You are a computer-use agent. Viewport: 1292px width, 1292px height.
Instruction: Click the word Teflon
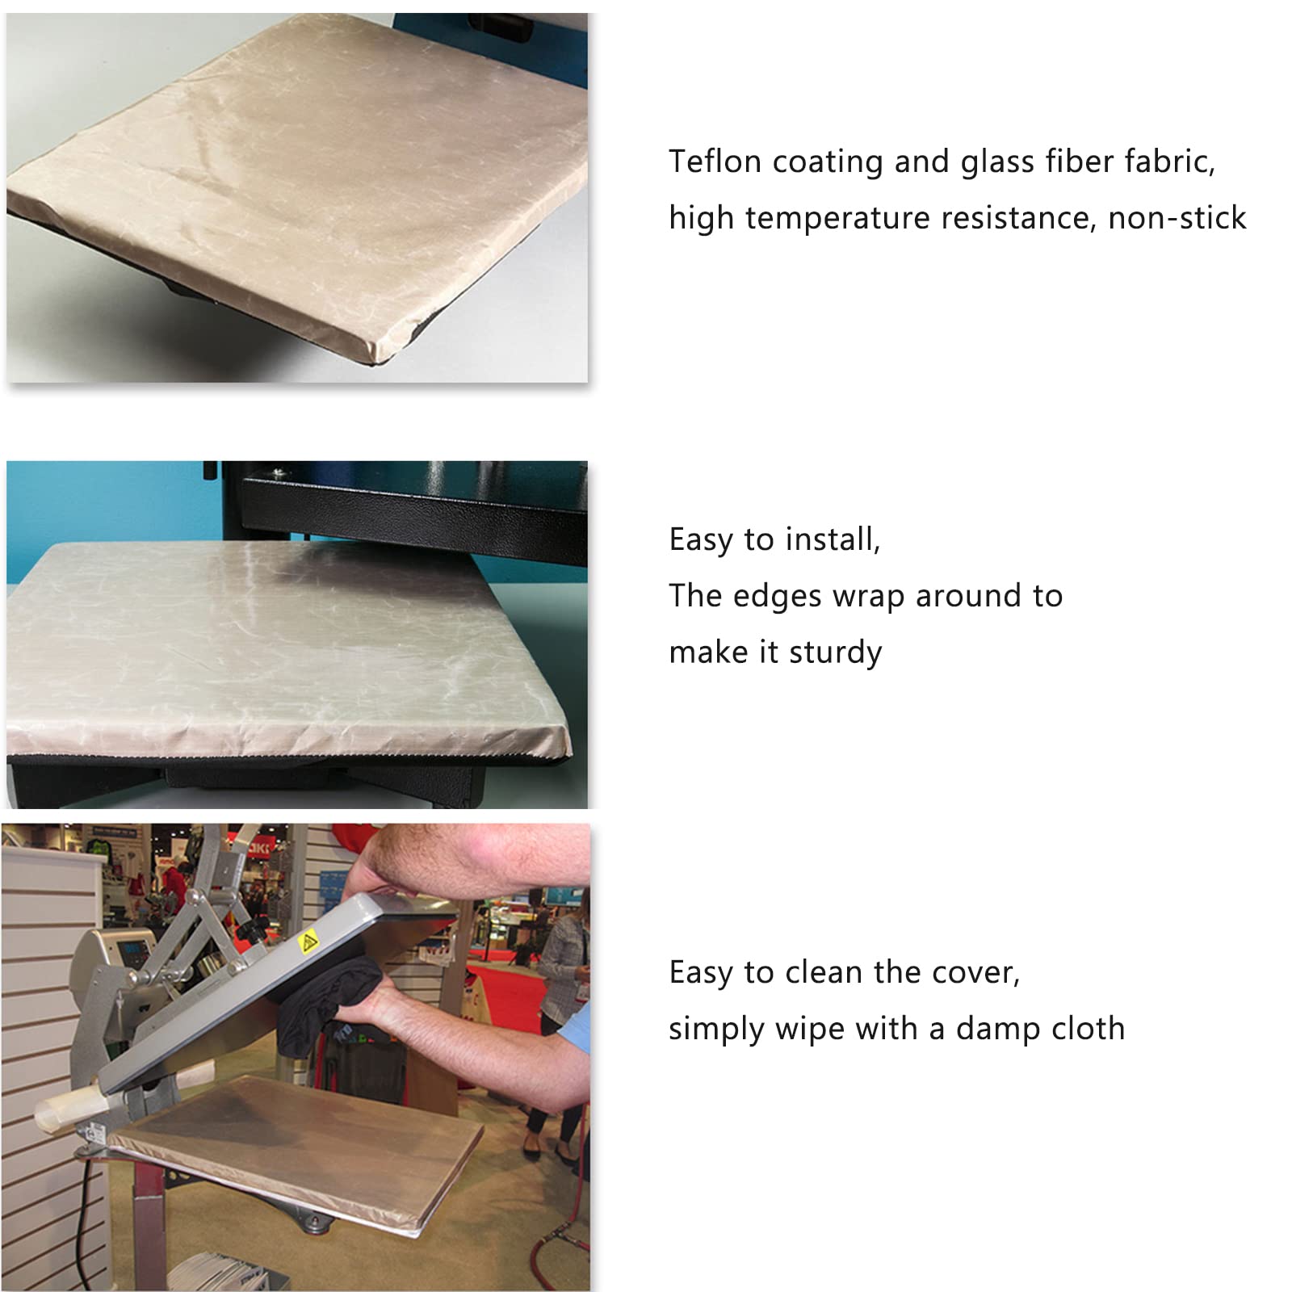pos(715,161)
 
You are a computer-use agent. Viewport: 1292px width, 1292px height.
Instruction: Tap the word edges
pos(778,597)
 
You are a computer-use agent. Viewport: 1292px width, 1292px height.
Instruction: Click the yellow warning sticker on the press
pos(307,942)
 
